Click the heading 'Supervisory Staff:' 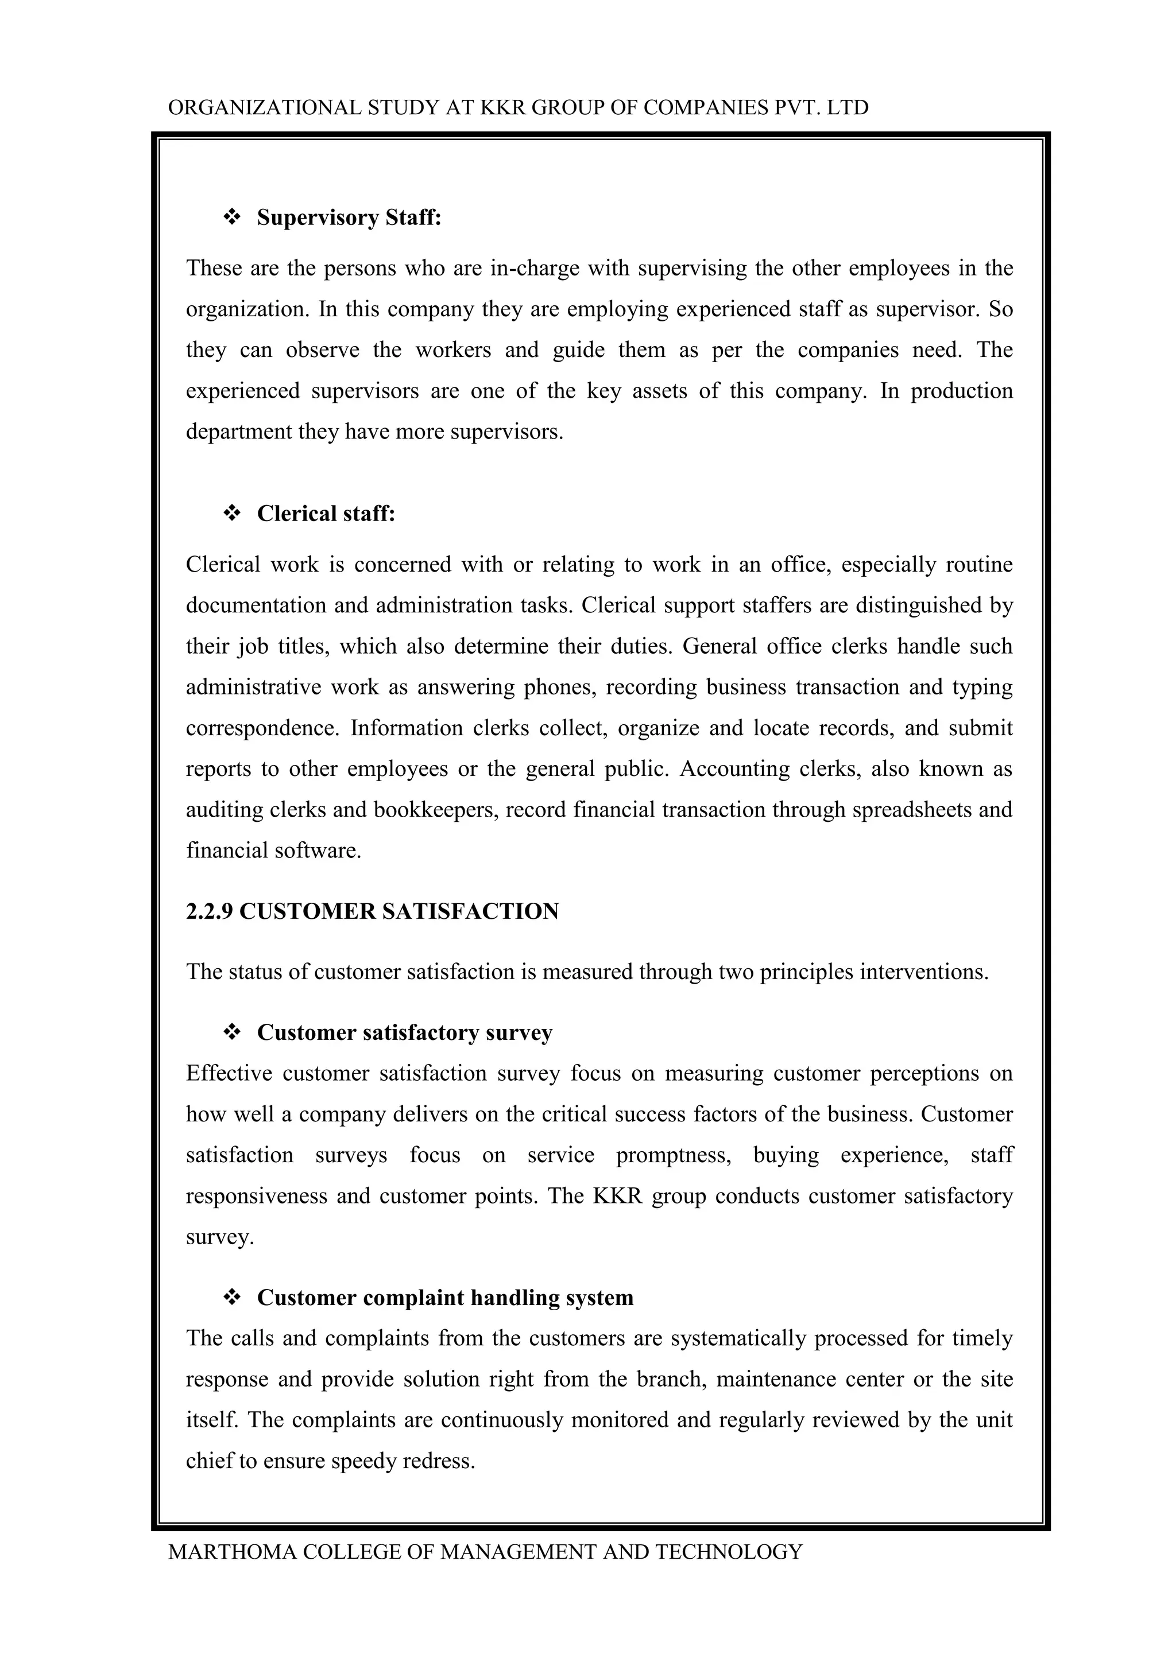click(349, 217)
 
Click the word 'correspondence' click(262, 728)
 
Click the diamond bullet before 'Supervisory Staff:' click(233, 217)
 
